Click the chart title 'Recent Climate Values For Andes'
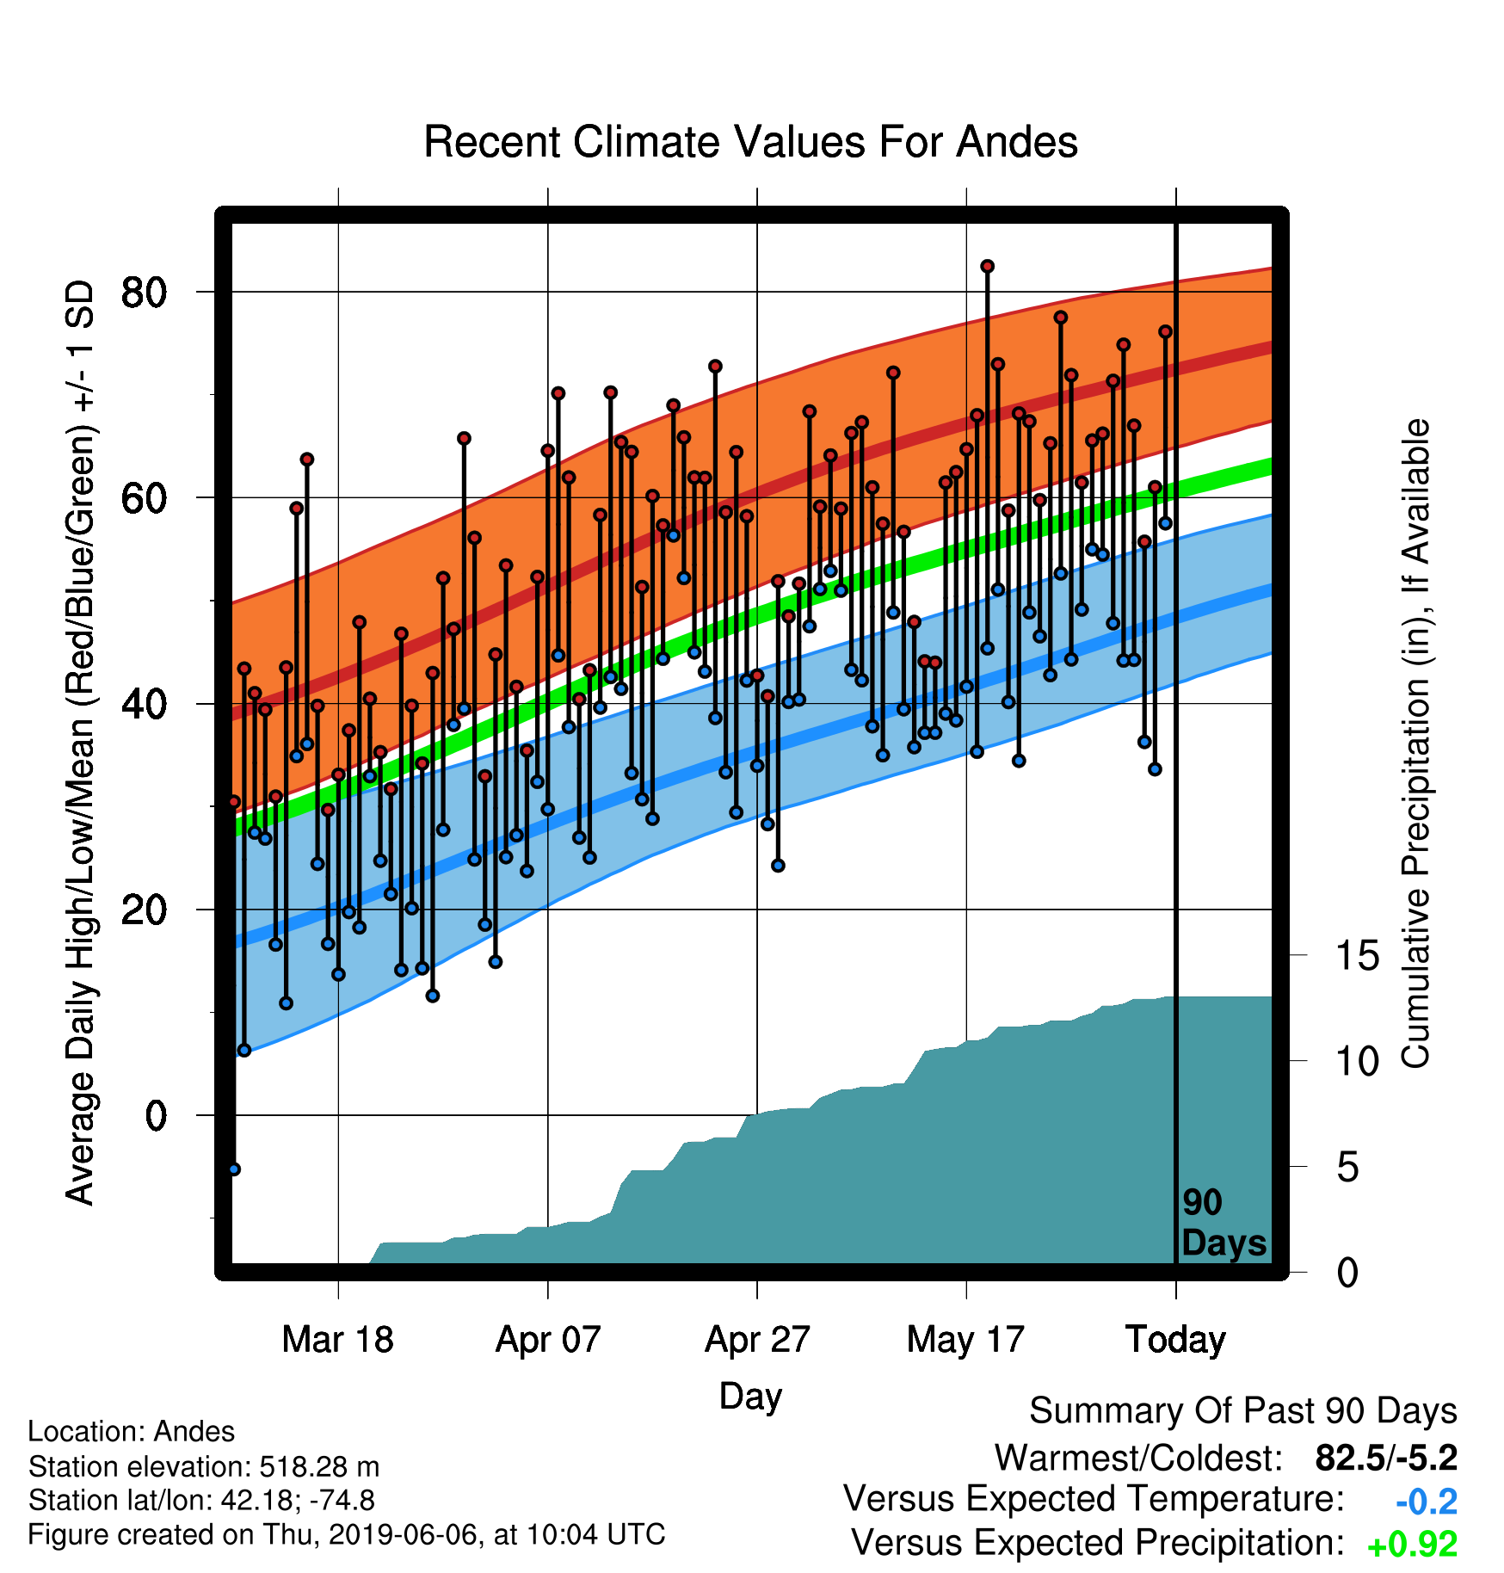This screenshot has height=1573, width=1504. [750, 142]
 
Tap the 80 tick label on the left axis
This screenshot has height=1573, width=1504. [144, 293]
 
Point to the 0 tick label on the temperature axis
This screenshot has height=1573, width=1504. [156, 1116]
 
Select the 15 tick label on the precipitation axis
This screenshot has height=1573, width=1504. [1357, 956]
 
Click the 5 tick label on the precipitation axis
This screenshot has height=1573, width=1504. [1347, 1168]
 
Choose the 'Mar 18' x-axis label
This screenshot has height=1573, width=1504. [337, 1340]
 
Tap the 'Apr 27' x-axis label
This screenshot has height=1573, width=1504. [757, 1340]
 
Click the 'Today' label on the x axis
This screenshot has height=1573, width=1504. [1175, 1340]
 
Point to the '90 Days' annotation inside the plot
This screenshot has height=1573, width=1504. [1224, 1223]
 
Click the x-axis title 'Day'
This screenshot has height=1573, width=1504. [750, 1397]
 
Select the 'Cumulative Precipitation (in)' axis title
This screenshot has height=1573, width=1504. [1415, 743]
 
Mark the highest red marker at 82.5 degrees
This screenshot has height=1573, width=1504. [987, 267]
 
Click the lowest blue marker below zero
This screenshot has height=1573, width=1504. [234, 1169]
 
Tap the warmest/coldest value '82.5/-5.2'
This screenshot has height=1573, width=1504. [1386, 1458]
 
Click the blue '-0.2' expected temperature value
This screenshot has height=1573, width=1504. [1427, 1502]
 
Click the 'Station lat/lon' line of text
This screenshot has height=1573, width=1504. [201, 1501]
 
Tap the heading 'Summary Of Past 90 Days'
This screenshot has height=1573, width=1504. [1243, 1411]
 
